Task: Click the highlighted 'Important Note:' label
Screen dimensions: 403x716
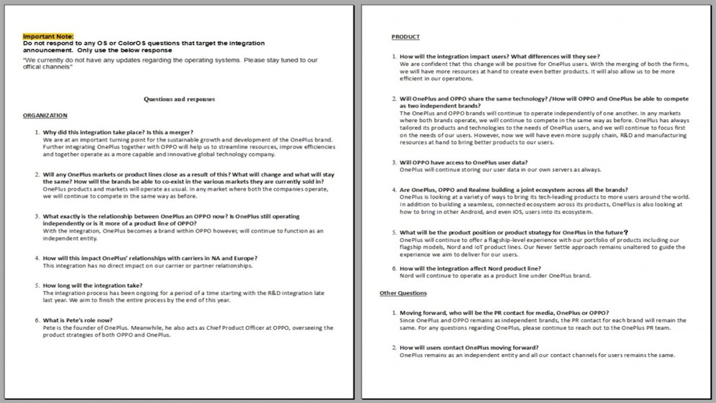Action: coord(48,37)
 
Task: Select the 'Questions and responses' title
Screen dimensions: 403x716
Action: coord(179,100)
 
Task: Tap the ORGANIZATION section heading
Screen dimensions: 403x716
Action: coord(45,116)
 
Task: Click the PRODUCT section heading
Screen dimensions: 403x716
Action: coord(405,37)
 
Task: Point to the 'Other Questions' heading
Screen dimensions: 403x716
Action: coord(403,293)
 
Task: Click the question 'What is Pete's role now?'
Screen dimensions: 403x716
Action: coord(77,321)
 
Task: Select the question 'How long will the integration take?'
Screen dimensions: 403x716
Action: coord(93,286)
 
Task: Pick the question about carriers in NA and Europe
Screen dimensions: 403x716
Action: coord(149,258)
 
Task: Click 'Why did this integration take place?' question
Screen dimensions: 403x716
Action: coord(118,132)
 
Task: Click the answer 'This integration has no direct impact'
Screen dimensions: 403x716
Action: coord(147,265)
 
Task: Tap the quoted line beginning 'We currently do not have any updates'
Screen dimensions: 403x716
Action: coord(170,60)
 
